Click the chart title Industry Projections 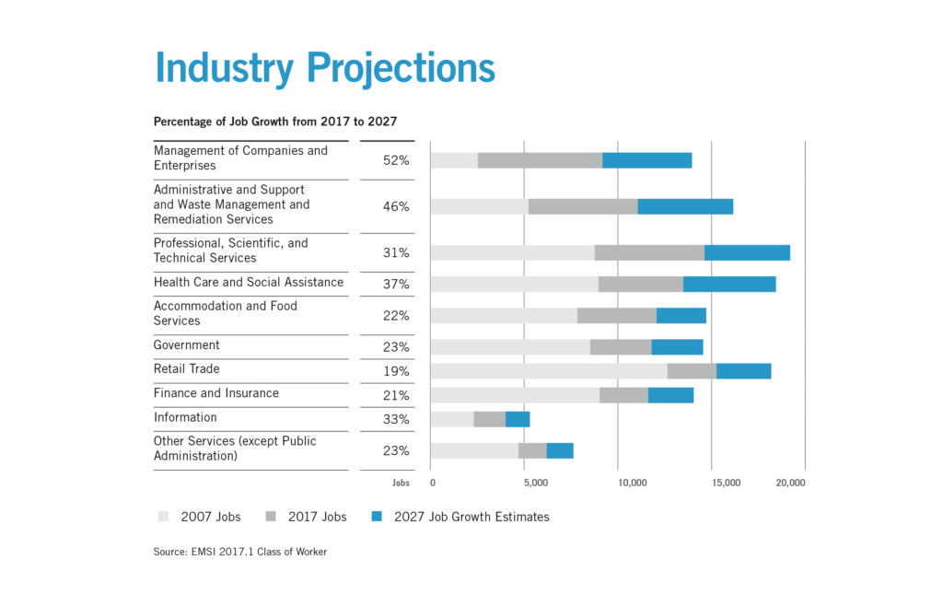coord(324,68)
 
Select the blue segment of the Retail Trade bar coord(743,371)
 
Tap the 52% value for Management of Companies coord(396,160)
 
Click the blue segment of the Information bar coord(518,419)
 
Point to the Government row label coord(187,345)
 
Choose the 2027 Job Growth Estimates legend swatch coord(378,517)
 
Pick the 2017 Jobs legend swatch coord(272,517)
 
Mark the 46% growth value coord(396,206)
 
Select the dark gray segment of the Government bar coord(621,346)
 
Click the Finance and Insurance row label coord(216,393)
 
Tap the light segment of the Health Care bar coord(514,284)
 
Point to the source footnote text coord(240,553)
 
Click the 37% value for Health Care coord(396,284)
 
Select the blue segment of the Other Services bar coord(560,451)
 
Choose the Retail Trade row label coord(187,369)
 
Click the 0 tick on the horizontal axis coord(432,482)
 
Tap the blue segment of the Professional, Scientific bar coord(747,252)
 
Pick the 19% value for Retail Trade coord(396,372)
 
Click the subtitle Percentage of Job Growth coord(275,121)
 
